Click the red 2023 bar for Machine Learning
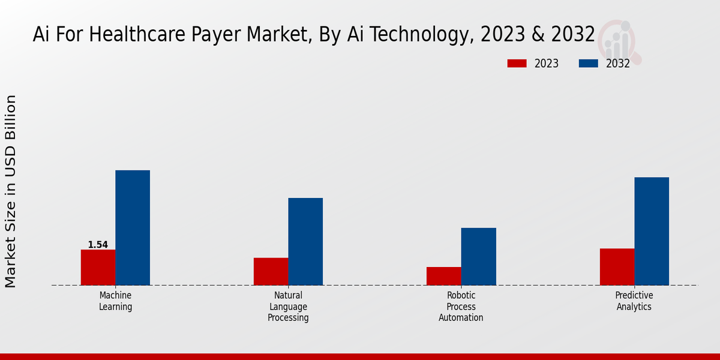click(x=98, y=267)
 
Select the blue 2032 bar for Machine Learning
click(x=133, y=227)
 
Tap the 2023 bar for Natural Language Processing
click(x=271, y=271)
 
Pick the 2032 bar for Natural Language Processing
click(x=305, y=241)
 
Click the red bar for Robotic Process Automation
click(x=443, y=276)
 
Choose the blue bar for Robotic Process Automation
click(x=478, y=256)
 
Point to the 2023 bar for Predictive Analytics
click(x=617, y=266)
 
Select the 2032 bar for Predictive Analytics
click(x=652, y=231)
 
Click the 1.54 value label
click(x=98, y=245)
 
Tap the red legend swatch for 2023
click(x=517, y=64)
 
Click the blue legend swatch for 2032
click(x=589, y=64)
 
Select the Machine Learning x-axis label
click(x=115, y=301)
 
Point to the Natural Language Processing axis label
click(x=288, y=307)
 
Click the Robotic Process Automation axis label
click(x=461, y=307)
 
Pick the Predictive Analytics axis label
click(x=634, y=301)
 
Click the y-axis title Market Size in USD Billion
click(x=11, y=191)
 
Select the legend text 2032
click(x=617, y=64)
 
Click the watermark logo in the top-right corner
click(x=620, y=40)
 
